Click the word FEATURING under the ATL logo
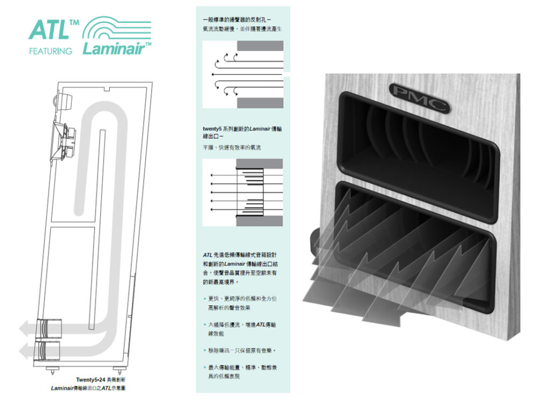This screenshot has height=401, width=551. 50,52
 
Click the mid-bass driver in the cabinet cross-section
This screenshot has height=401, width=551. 64,141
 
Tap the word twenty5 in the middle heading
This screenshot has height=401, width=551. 211,129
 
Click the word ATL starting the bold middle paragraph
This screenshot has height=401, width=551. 208,255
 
